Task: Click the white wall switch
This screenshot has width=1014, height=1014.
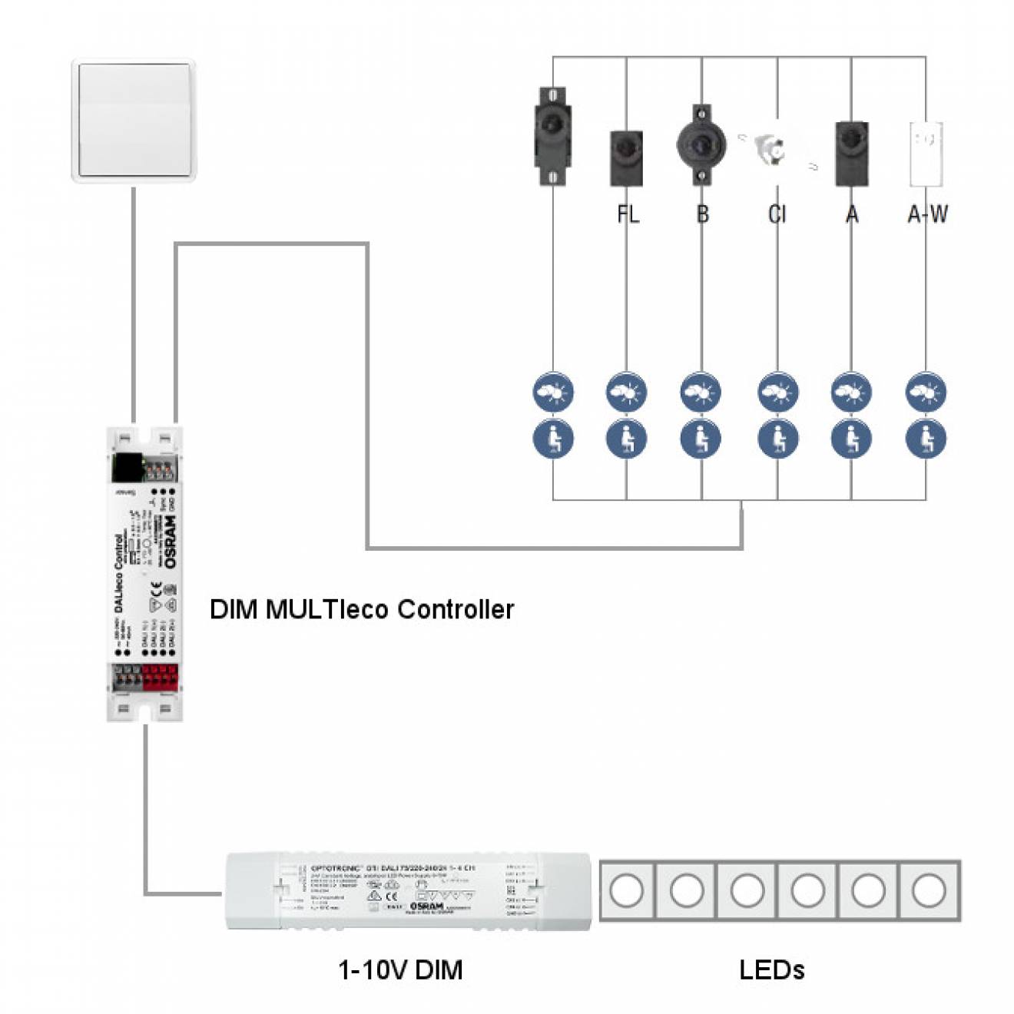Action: coord(134,121)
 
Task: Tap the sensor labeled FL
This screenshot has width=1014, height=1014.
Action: coord(626,158)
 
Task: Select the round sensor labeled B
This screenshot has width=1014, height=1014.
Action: coord(701,145)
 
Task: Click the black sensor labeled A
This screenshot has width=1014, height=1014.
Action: coord(851,154)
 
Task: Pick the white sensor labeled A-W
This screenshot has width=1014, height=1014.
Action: coord(926,154)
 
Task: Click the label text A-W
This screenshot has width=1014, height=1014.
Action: coord(927,214)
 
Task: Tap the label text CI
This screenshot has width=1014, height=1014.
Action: coord(777,214)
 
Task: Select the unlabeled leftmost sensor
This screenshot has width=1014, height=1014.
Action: coord(552,136)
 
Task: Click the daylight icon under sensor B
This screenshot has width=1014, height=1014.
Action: coord(701,393)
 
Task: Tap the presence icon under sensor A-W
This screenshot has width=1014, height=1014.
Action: coord(926,439)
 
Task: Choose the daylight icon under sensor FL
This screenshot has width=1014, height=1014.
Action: coord(626,393)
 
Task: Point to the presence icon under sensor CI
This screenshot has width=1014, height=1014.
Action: coord(777,439)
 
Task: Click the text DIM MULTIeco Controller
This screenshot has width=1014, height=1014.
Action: coord(361,609)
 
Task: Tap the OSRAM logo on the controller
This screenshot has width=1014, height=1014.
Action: coord(170,542)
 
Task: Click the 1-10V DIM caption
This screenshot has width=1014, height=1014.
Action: coord(400,969)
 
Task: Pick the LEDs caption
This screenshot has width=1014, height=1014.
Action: coord(771,969)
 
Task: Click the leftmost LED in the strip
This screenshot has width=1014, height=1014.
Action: coord(626,891)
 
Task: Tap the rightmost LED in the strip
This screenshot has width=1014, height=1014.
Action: coord(928,891)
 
